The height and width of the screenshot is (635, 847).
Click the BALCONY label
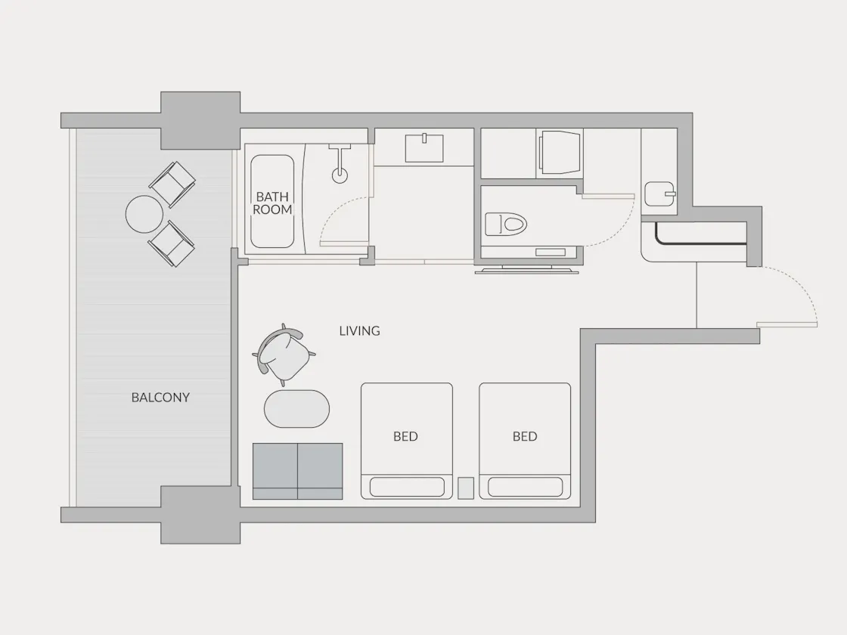[x=160, y=398]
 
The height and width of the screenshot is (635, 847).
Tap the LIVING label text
[x=360, y=331]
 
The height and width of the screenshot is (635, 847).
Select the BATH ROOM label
[x=272, y=203]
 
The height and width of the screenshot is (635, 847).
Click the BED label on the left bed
[x=405, y=436]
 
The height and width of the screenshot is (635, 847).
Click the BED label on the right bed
[x=525, y=436]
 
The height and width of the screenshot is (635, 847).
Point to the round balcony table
[x=144, y=214]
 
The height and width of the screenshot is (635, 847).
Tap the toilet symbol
[x=506, y=224]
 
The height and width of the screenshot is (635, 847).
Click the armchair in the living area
[x=283, y=355]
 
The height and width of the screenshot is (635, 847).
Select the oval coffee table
[x=296, y=409]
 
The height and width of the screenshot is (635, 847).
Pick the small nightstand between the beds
[x=466, y=488]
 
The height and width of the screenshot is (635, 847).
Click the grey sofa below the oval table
[x=298, y=471]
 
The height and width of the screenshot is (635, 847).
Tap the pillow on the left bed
[x=407, y=487]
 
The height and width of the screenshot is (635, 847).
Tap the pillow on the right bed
[x=525, y=487]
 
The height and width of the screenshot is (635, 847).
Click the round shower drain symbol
[x=340, y=175]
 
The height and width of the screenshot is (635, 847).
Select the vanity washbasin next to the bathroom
[x=424, y=148]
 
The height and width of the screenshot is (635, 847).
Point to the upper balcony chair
[x=172, y=184]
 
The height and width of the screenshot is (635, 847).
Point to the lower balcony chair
[x=172, y=243]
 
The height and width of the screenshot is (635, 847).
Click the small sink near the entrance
[x=660, y=194]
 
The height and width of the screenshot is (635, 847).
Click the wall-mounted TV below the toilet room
[x=526, y=269]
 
